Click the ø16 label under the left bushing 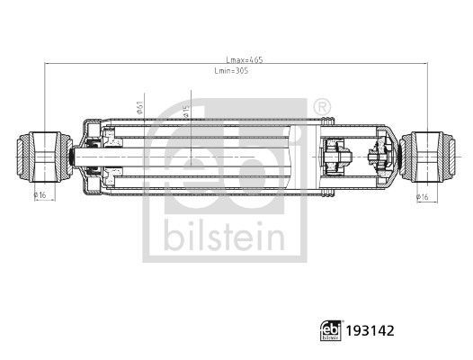click(40, 194)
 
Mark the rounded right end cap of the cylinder click(392, 155)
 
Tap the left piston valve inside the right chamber click(335, 155)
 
